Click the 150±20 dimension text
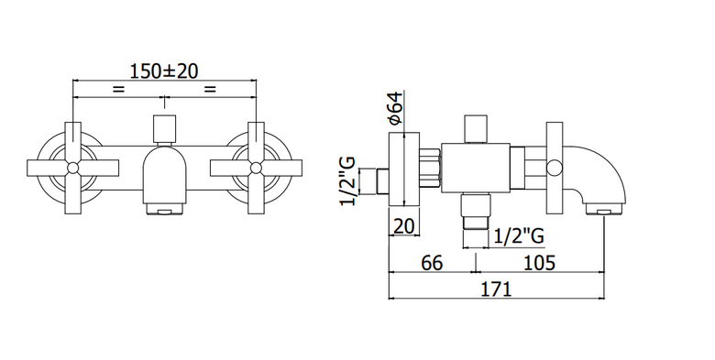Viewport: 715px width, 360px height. (x=164, y=71)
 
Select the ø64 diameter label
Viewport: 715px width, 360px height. (x=395, y=108)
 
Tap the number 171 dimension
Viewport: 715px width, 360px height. (x=496, y=289)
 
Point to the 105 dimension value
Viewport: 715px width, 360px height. (x=539, y=263)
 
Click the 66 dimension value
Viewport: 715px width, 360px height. (x=432, y=263)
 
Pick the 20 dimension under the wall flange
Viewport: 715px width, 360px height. (x=403, y=226)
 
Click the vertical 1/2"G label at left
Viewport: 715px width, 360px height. (x=347, y=181)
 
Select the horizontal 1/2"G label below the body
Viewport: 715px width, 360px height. (x=520, y=235)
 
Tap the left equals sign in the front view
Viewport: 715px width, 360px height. (x=118, y=90)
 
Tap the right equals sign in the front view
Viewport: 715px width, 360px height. (x=209, y=90)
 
